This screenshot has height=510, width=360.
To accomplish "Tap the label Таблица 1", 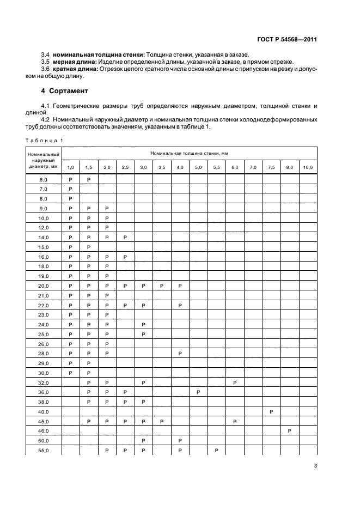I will [x=45, y=141].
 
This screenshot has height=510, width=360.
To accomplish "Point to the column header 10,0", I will [x=308, y=167].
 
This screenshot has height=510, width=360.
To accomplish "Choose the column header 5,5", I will [x=216, y=167].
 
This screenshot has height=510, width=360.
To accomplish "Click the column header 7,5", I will [x=271, y=167].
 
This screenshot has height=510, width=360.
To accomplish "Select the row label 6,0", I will [x=44, y=179].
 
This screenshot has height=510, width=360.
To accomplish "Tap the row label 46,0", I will [x=44, y=430].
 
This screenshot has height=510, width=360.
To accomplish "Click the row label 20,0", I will [x=44, y=286].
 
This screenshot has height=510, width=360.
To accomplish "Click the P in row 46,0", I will [x=290, y=430].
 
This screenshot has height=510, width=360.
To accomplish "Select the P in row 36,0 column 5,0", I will [x=198, y=392].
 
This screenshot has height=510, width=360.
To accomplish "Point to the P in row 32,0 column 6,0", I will [x=235, y=382].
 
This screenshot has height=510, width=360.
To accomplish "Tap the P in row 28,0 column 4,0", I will [x=180, y=353].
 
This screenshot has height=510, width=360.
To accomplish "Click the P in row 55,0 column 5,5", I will [x=216, y=450].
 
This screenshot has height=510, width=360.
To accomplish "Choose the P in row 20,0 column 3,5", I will [x=161, y=286].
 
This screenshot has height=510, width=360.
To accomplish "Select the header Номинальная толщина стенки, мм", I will [x=189, y=155].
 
